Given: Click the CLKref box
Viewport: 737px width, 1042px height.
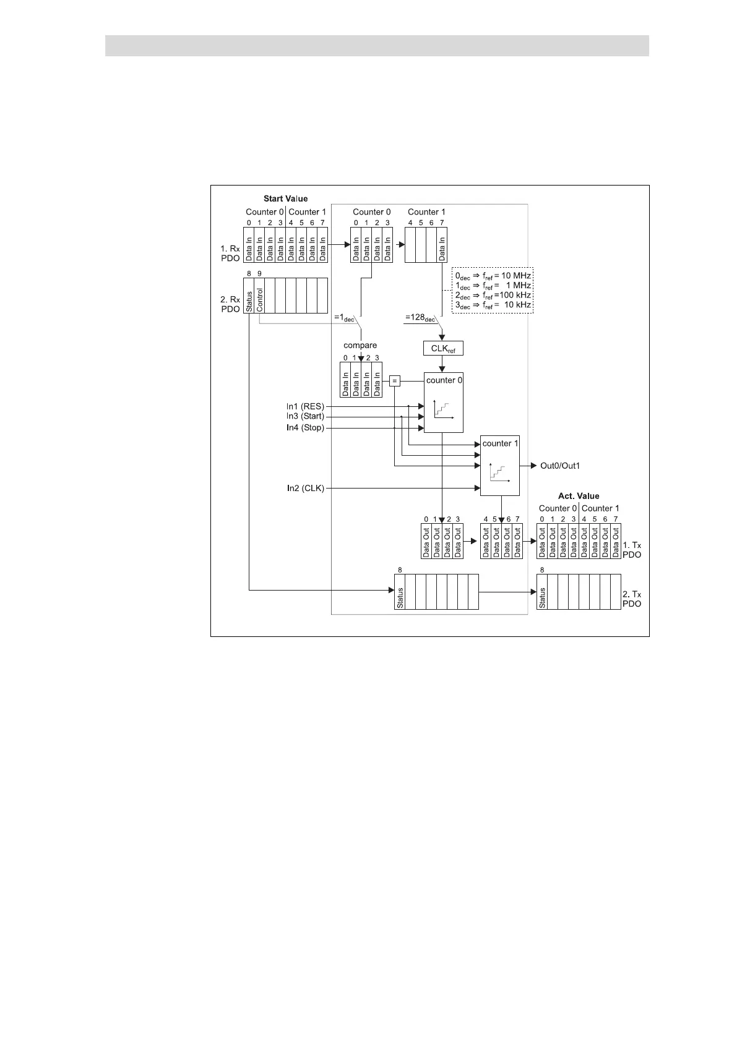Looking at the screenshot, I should pyautogui.click(x=443, y=349).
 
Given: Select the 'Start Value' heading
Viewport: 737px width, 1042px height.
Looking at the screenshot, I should pyautogui.click(x=285, y=199).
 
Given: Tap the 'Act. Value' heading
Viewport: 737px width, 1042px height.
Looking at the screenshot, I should pyautogui.click(x=579, y=496).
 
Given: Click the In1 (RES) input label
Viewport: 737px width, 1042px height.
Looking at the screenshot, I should pyautogui.click(x=305, y=406).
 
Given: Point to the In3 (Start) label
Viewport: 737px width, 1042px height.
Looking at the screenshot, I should pyautogui.click(x=305, y=416).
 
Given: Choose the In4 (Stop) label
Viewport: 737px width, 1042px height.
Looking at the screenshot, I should pyautogui.click(x=305, y=428).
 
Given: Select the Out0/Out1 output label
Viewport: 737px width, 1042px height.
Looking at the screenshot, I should pyautogui.click(x=560, y=466).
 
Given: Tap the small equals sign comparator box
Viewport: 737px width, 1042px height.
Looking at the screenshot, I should pyautogui.click(x=395, y=382).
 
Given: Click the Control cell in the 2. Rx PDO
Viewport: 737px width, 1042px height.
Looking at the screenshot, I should pyautogui.click(x=260, y=296).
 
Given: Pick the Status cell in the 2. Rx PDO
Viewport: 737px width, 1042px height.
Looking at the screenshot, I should pyautogui.click(x=249, y=296).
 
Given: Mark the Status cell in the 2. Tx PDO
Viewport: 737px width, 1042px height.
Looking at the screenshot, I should pyautogui.click(x=542, y=592).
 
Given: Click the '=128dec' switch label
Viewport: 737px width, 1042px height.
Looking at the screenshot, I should pyautogui.click(x=419, y=318).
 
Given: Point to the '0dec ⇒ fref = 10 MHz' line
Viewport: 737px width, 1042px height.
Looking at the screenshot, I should pyautogui.click(x=493, y=275).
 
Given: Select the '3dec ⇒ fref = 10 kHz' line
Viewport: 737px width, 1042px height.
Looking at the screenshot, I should pyautogui.click(x=493, y=305).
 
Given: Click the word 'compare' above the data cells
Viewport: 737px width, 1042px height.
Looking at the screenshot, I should pyautogui.click(x=360, y=345).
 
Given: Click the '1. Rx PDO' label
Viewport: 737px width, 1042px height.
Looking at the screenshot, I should pyautogui.click(x=230, y=253).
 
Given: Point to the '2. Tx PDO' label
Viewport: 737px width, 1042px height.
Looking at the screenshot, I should pyautogui.click(x=632, y=598).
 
